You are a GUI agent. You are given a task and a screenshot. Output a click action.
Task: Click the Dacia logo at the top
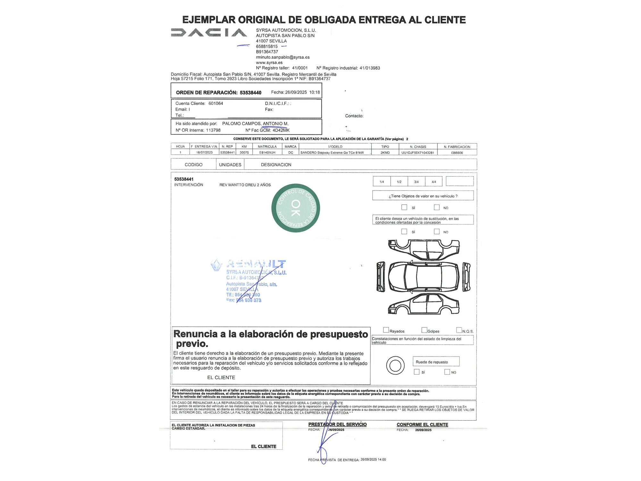coord(209,32)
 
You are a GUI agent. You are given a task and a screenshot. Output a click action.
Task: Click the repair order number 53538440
coord(250,93)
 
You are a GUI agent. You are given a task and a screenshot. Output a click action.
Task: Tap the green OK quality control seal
coord(296,208)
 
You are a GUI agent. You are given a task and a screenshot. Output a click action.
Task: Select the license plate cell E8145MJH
coord(267,153)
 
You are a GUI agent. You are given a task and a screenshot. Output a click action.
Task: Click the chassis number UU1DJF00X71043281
coord(418,153)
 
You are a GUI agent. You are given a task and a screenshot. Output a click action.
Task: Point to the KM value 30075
coord(244,153)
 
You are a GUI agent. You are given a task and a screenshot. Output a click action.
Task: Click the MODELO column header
coord(335,147)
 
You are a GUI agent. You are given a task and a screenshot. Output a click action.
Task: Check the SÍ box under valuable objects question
coord(404,207)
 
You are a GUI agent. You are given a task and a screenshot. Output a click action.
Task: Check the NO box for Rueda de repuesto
coord(447,372)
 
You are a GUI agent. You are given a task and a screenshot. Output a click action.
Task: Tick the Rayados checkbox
coord(386,330)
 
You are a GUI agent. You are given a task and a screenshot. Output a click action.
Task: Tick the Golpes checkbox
coord(424,330)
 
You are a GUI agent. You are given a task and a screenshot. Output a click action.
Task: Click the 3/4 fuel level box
coord(416,181)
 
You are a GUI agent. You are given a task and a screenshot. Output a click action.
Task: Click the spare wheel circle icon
coord(395,365)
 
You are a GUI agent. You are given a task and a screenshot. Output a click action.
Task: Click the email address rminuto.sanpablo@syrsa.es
coord(283,57)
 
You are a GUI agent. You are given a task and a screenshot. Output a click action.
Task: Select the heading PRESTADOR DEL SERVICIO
coord(337,424)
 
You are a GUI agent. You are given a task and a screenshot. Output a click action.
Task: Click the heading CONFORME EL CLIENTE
coord(422,425)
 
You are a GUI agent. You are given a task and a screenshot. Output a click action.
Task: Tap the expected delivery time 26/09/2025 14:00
coord(373,460)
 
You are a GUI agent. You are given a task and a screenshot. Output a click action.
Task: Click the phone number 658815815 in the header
coord(267,46)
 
